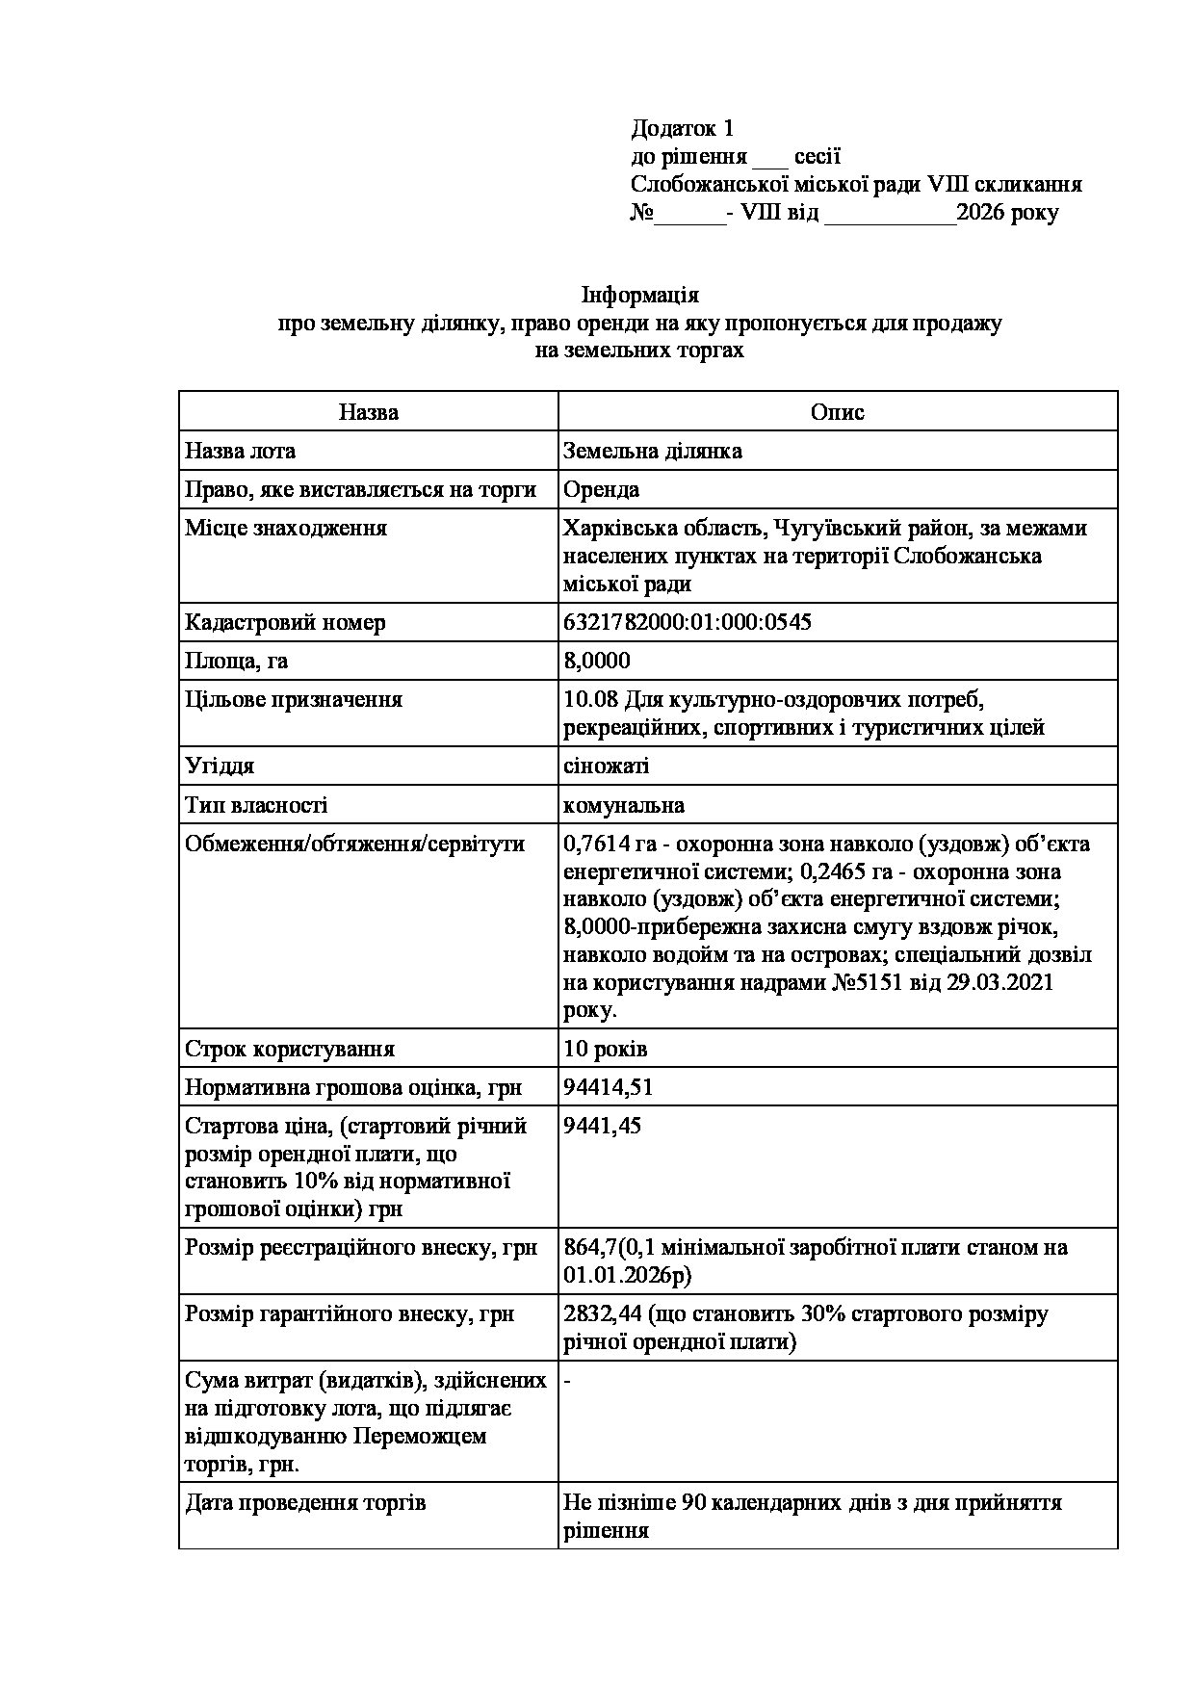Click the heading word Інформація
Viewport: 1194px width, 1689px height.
click(639, 295)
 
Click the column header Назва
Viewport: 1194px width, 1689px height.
click(368, 412)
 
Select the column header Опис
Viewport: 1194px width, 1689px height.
click(837, 412)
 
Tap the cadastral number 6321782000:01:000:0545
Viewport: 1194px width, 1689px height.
click(687, 622)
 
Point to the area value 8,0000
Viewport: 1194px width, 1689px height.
click(596, 661)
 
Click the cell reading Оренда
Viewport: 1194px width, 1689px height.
click(601, 489)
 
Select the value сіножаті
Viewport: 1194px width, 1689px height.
click(606, 766)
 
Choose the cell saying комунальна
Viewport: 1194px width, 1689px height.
click(623, 805)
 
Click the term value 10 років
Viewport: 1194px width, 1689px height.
click(605, 1049)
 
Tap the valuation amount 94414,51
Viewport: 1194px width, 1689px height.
click(608, 1087)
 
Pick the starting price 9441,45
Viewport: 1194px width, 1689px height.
click(602, 1126)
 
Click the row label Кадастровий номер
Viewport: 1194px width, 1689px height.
click(285, 622)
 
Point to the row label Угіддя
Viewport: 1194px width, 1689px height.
click(220, 766)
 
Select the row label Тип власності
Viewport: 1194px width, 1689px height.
click(256, 805)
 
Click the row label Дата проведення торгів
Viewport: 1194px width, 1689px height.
click(305, 1502)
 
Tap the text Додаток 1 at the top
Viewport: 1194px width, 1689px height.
click(682, 128)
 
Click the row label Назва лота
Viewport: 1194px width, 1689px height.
click(241, 451)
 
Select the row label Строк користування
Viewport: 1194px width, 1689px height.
click(290, 1049)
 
